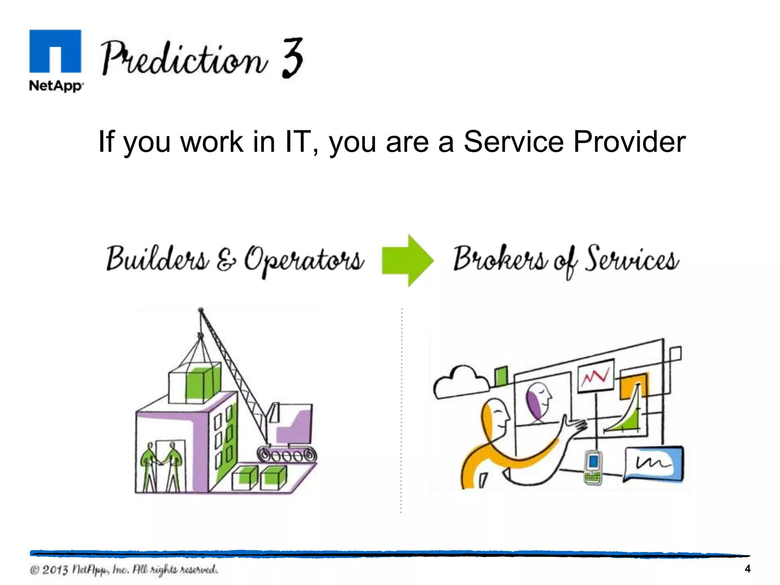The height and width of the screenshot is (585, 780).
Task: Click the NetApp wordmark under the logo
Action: [56, 86]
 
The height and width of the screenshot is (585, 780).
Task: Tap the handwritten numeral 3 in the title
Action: [293, 58]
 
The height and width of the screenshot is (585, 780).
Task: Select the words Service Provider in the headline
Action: [574, 142]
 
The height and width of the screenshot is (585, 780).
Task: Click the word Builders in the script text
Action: [157, 259]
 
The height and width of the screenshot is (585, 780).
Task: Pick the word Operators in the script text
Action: [304, 261]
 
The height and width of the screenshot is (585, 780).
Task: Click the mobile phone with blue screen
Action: [593, 467]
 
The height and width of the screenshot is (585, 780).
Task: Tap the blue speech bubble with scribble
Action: [654, 464]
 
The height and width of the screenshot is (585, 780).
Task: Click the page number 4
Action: [747, 569]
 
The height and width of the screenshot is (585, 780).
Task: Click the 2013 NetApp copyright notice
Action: [124, 570]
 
